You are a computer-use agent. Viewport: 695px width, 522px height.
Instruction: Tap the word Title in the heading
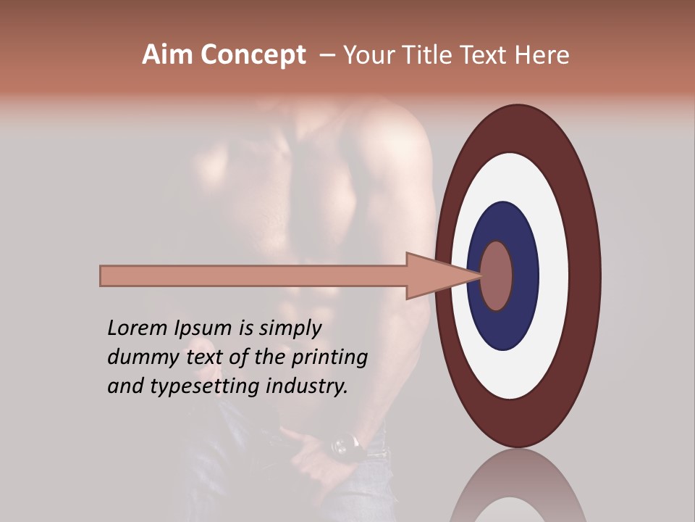point(421,55)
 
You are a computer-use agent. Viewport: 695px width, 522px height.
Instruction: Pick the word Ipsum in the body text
point(203,328)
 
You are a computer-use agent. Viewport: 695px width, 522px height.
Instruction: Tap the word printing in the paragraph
point(329,357)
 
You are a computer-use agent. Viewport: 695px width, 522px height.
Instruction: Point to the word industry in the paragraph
point(307,386)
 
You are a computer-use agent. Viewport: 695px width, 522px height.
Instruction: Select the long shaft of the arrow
point(253,275)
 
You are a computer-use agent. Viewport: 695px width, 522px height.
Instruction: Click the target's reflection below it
point(518,489)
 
